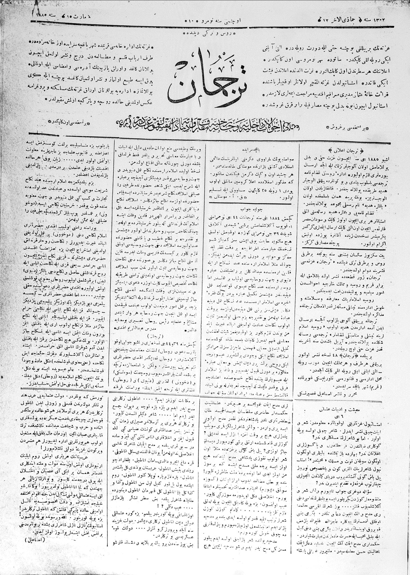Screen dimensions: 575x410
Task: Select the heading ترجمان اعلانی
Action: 341,150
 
